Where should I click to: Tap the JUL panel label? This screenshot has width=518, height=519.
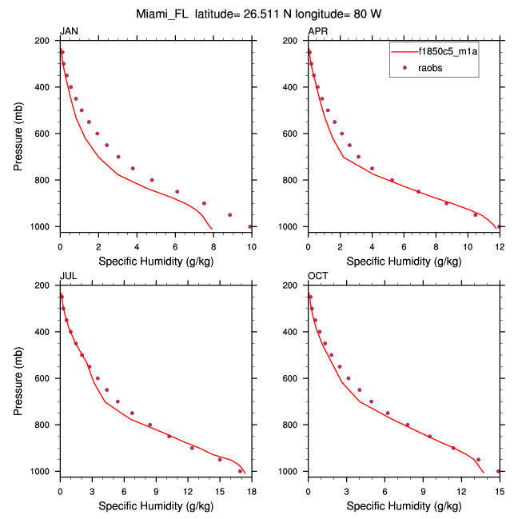[x=68, y=277]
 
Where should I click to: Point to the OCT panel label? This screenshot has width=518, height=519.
[x=317, y=277]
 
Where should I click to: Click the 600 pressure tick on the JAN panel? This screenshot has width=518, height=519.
[x=46, y=134]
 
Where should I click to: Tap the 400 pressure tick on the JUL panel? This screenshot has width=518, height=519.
[x=46, y=332]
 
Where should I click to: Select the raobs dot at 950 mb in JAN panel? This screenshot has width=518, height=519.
[x=230, y=215]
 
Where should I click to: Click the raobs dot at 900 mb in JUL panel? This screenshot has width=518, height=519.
[x=193, y=448]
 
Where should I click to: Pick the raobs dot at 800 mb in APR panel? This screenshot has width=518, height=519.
[x=392, y=180]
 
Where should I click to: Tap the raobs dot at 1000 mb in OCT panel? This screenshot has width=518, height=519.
[x=499, y=471]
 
